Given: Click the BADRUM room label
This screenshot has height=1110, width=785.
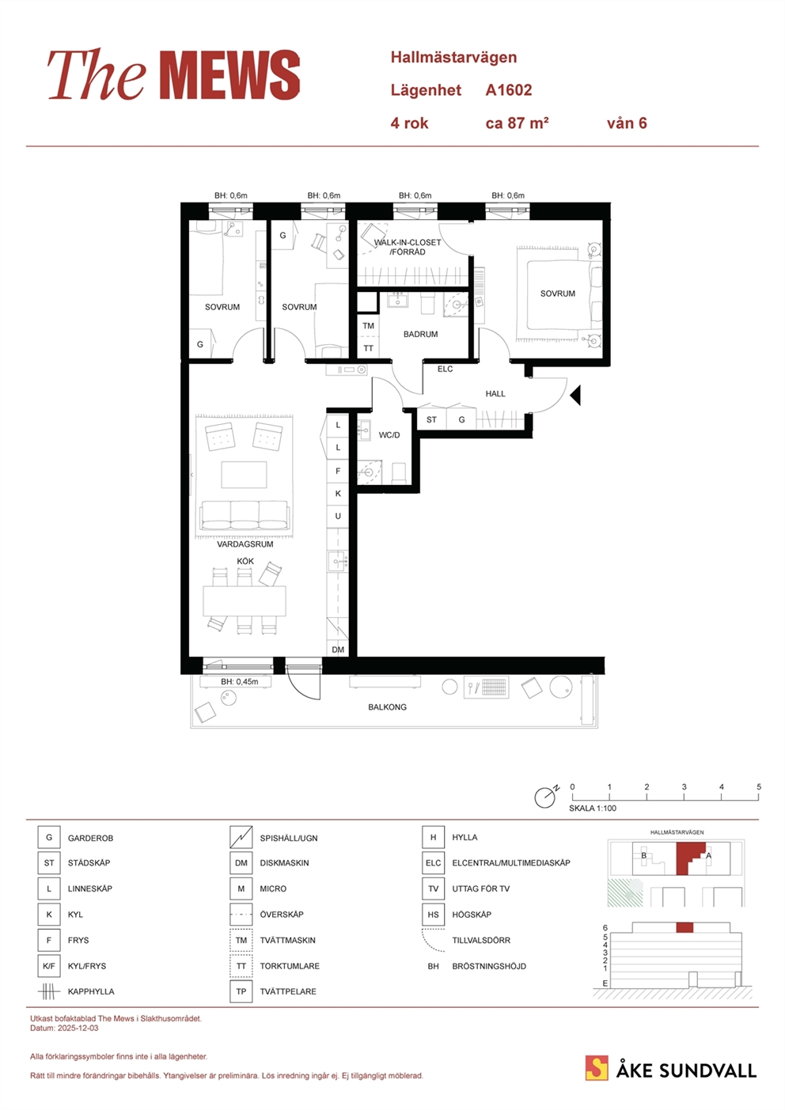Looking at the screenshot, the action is point(420,335).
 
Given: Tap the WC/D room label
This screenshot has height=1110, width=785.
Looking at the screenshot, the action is point(389,435).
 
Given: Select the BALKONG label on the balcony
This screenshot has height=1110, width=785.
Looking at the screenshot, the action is point(387,707).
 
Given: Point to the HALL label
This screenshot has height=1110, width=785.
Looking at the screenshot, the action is point(495,394).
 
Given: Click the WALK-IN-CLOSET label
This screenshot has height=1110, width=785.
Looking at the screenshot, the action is point(408,243).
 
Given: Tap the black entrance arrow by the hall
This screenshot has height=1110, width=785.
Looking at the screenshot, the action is point(575,396).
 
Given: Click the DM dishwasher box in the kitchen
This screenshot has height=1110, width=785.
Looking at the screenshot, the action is point(338,650).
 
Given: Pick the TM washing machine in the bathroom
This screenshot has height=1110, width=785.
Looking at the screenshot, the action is point(368,326).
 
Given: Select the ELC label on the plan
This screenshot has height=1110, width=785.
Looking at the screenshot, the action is point(445,369).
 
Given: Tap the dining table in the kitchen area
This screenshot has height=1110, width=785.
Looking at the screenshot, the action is point(245,601).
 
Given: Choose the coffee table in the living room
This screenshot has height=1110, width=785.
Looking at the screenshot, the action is point(244,475).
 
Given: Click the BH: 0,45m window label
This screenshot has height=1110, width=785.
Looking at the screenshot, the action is point(239,682).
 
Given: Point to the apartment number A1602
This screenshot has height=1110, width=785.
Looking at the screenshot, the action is point(509,90).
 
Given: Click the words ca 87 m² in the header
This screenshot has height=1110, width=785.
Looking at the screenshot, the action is point(517,123).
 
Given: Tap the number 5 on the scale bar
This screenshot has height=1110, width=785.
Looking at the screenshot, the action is point(759,787).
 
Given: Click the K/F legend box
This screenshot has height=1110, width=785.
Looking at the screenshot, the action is point(49,966).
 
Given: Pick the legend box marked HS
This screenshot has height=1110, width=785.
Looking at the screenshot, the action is point(433,915).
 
